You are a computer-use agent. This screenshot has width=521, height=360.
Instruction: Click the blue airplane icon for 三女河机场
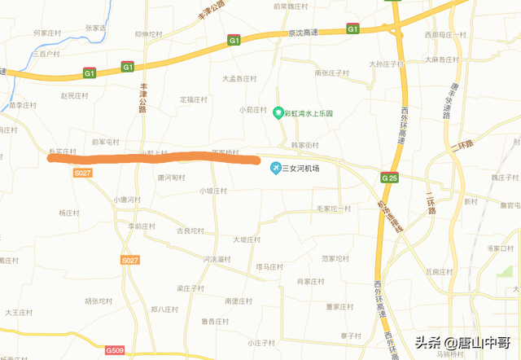click(276, 168)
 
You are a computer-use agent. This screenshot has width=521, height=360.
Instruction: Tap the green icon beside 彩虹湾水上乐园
click(277, 113)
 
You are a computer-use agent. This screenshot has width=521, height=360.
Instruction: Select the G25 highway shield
click(389, 177)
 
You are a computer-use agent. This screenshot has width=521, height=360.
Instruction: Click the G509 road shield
click(115, 350)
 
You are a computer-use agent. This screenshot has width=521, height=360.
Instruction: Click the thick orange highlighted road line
click(155, 158)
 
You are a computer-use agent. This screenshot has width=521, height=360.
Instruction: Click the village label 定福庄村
click(195, 99)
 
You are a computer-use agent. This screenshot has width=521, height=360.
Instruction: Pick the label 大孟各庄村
click(239, 79)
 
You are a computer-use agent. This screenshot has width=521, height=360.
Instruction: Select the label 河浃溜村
click(217, 259)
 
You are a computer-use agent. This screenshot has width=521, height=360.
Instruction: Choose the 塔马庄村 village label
click(269, 266)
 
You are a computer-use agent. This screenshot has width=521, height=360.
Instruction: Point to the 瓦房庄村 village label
click(439, 271)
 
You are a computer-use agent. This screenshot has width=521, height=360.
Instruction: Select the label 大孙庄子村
click(386, 64)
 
